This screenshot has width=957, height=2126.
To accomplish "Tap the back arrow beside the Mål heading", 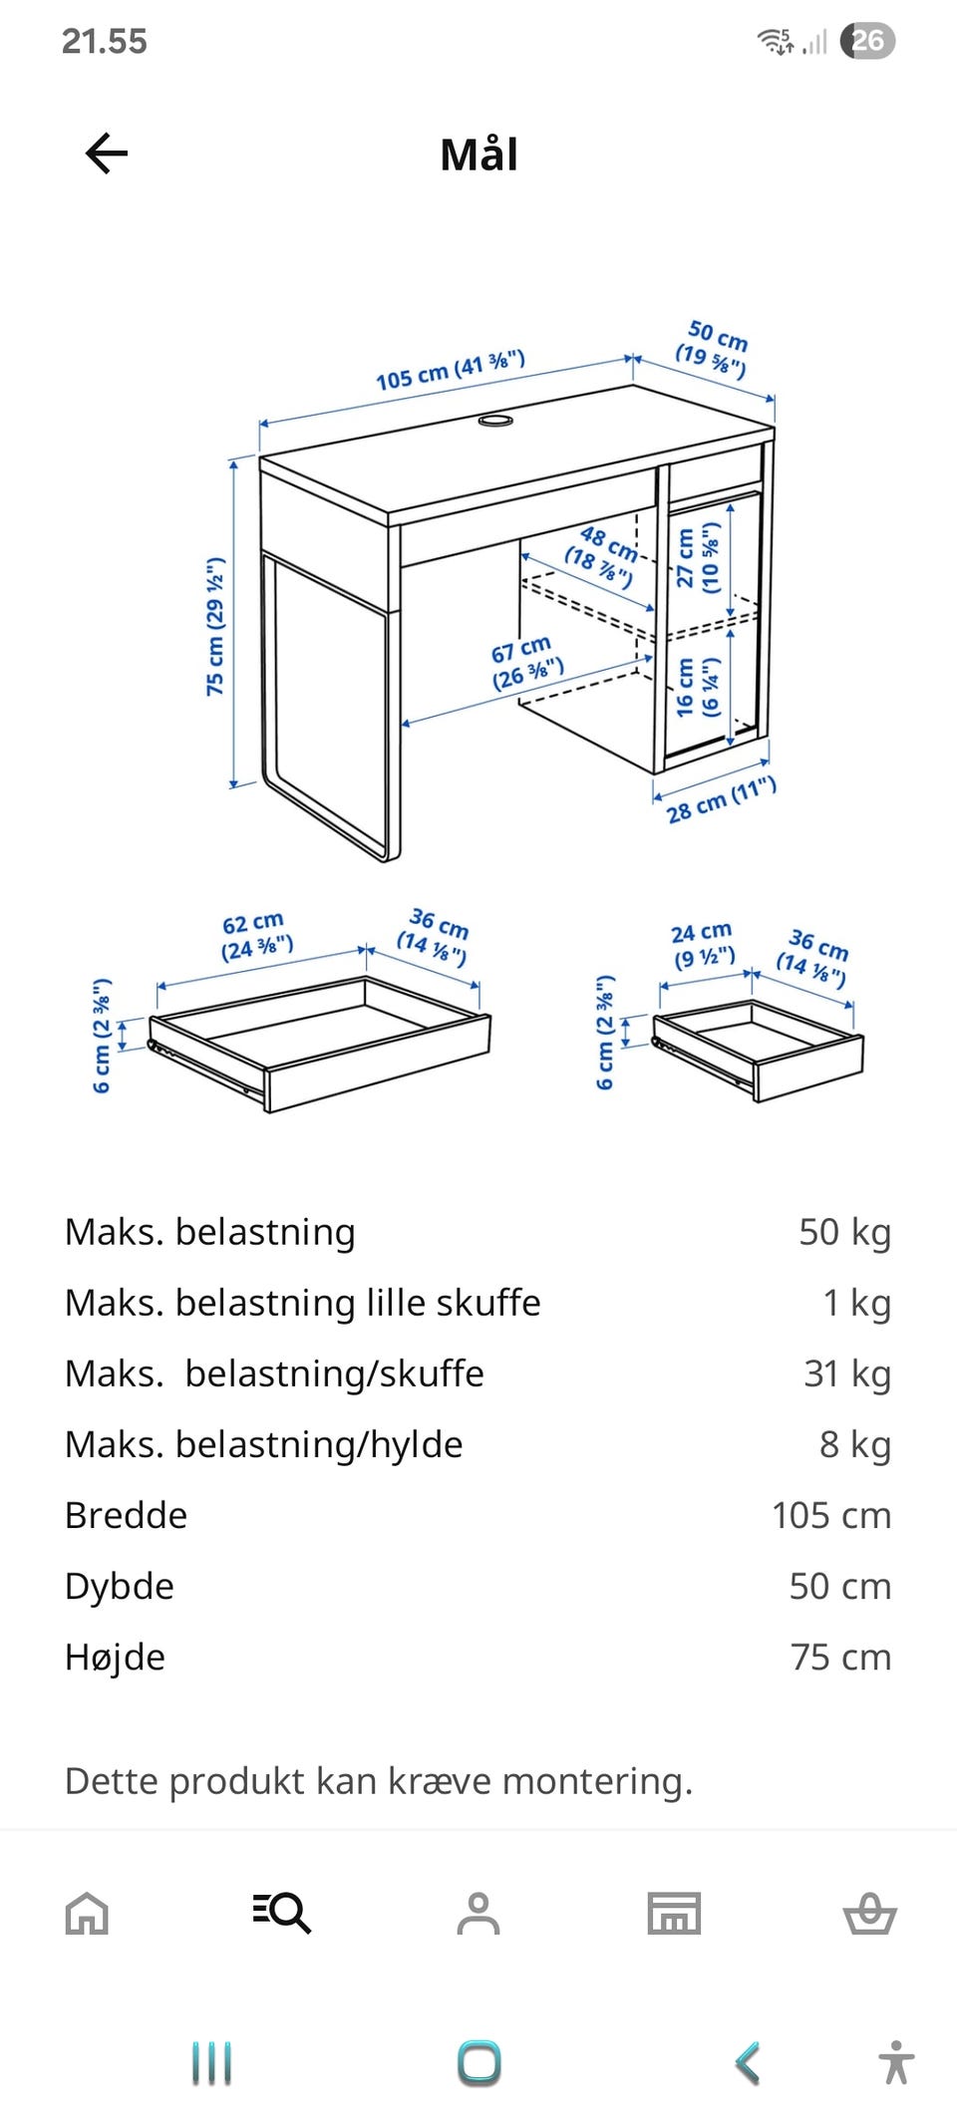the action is (107, 153).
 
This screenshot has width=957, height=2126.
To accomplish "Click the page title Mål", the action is (478, 154).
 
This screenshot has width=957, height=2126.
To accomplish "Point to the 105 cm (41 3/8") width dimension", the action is (451, 370).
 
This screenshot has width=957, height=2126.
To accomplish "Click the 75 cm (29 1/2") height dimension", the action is (215, 626).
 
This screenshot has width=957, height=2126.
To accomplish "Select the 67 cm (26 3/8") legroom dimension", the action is (527, 663).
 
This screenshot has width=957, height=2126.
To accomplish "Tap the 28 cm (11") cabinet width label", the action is (721, 799).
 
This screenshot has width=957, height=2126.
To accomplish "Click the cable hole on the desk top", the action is (495, 420).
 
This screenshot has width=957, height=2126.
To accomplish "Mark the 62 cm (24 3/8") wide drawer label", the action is (256, 935).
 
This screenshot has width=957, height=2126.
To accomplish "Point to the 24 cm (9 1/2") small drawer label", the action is (703, 945).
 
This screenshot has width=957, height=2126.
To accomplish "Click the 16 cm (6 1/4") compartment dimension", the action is (698, 687).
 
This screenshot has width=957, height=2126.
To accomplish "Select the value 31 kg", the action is (847, 1373).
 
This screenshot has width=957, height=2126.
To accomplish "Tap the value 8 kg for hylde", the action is (855, 1444).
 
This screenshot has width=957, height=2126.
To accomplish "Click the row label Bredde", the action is (126, 1515).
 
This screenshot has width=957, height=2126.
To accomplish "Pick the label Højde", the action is (115, 1657).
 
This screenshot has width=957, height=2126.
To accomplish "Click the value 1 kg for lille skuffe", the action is (857, 1303).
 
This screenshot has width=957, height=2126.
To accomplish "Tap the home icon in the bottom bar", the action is (87, 1913).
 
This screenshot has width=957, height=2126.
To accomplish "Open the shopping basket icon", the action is (870, 1913).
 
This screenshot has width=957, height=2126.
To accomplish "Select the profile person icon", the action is (478, 1913).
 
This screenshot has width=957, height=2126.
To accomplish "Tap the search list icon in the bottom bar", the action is (282, 1913).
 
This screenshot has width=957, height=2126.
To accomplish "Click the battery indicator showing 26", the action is (867, 41).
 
